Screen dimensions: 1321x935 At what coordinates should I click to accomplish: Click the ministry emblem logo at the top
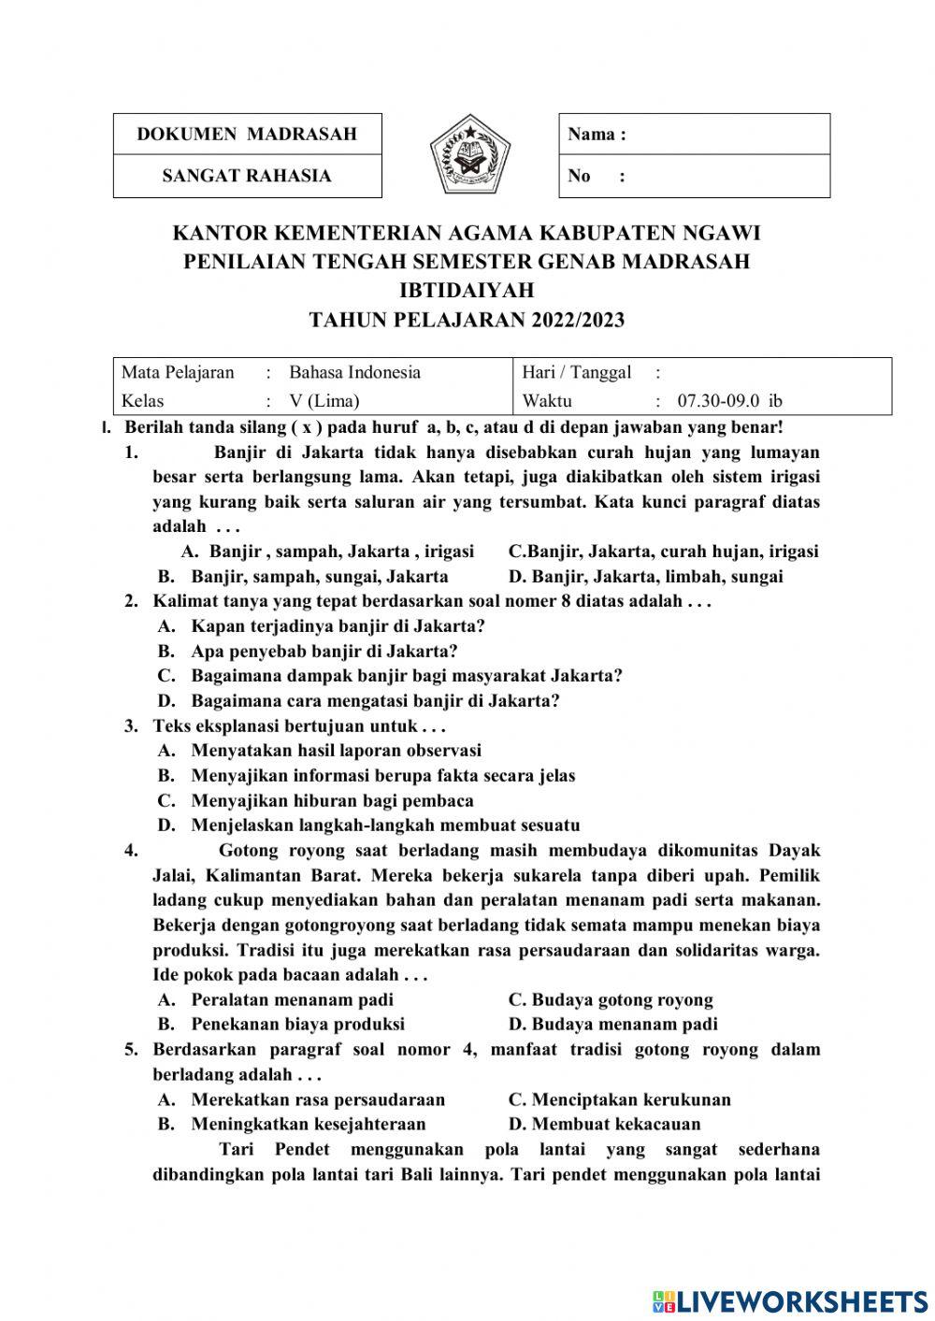470,154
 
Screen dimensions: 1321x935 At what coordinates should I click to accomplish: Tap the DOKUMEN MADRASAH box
247,134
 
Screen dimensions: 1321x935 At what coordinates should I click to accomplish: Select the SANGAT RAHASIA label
247,176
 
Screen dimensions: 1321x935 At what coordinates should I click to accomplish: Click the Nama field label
597,134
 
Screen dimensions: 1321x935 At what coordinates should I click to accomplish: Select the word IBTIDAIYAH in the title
467,291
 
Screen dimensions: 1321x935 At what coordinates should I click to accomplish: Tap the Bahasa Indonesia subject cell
354,372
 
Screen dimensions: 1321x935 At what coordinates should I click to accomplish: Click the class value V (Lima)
324,401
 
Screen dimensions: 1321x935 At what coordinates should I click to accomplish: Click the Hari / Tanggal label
577,372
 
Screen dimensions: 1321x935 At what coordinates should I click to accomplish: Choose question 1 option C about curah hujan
663,551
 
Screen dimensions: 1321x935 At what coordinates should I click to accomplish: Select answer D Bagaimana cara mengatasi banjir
374,700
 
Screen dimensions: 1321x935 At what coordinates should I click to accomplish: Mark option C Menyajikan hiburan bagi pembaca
332,800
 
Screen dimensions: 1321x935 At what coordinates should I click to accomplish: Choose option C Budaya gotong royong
611,999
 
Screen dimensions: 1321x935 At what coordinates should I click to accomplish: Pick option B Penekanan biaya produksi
297,1024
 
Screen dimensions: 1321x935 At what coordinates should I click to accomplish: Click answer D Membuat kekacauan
604,1124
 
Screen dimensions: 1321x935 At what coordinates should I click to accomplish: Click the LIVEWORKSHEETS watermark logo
790,1300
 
